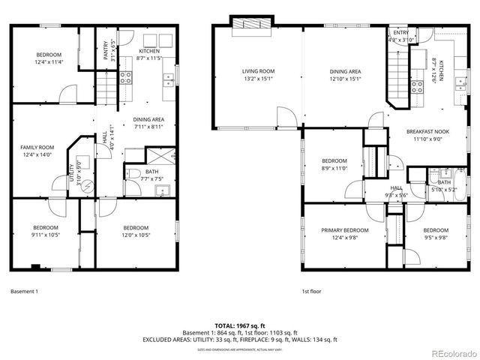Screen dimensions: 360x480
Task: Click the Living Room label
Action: (x=258, y=71)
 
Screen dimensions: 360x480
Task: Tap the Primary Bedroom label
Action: (x=345, y=230)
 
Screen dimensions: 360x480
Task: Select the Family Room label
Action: (x=37, y=147)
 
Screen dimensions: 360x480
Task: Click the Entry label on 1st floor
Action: (x=400, y=33)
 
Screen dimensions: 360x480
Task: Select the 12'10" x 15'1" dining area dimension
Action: (x=345, y=79)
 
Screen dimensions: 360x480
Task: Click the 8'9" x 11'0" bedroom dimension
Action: (x=334, y=169)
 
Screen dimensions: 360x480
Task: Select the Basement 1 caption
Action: (x=25, y=291)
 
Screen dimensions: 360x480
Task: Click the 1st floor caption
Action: (x=312, y=291)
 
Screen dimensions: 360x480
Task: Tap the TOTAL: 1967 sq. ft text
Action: (x=241, y=325)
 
